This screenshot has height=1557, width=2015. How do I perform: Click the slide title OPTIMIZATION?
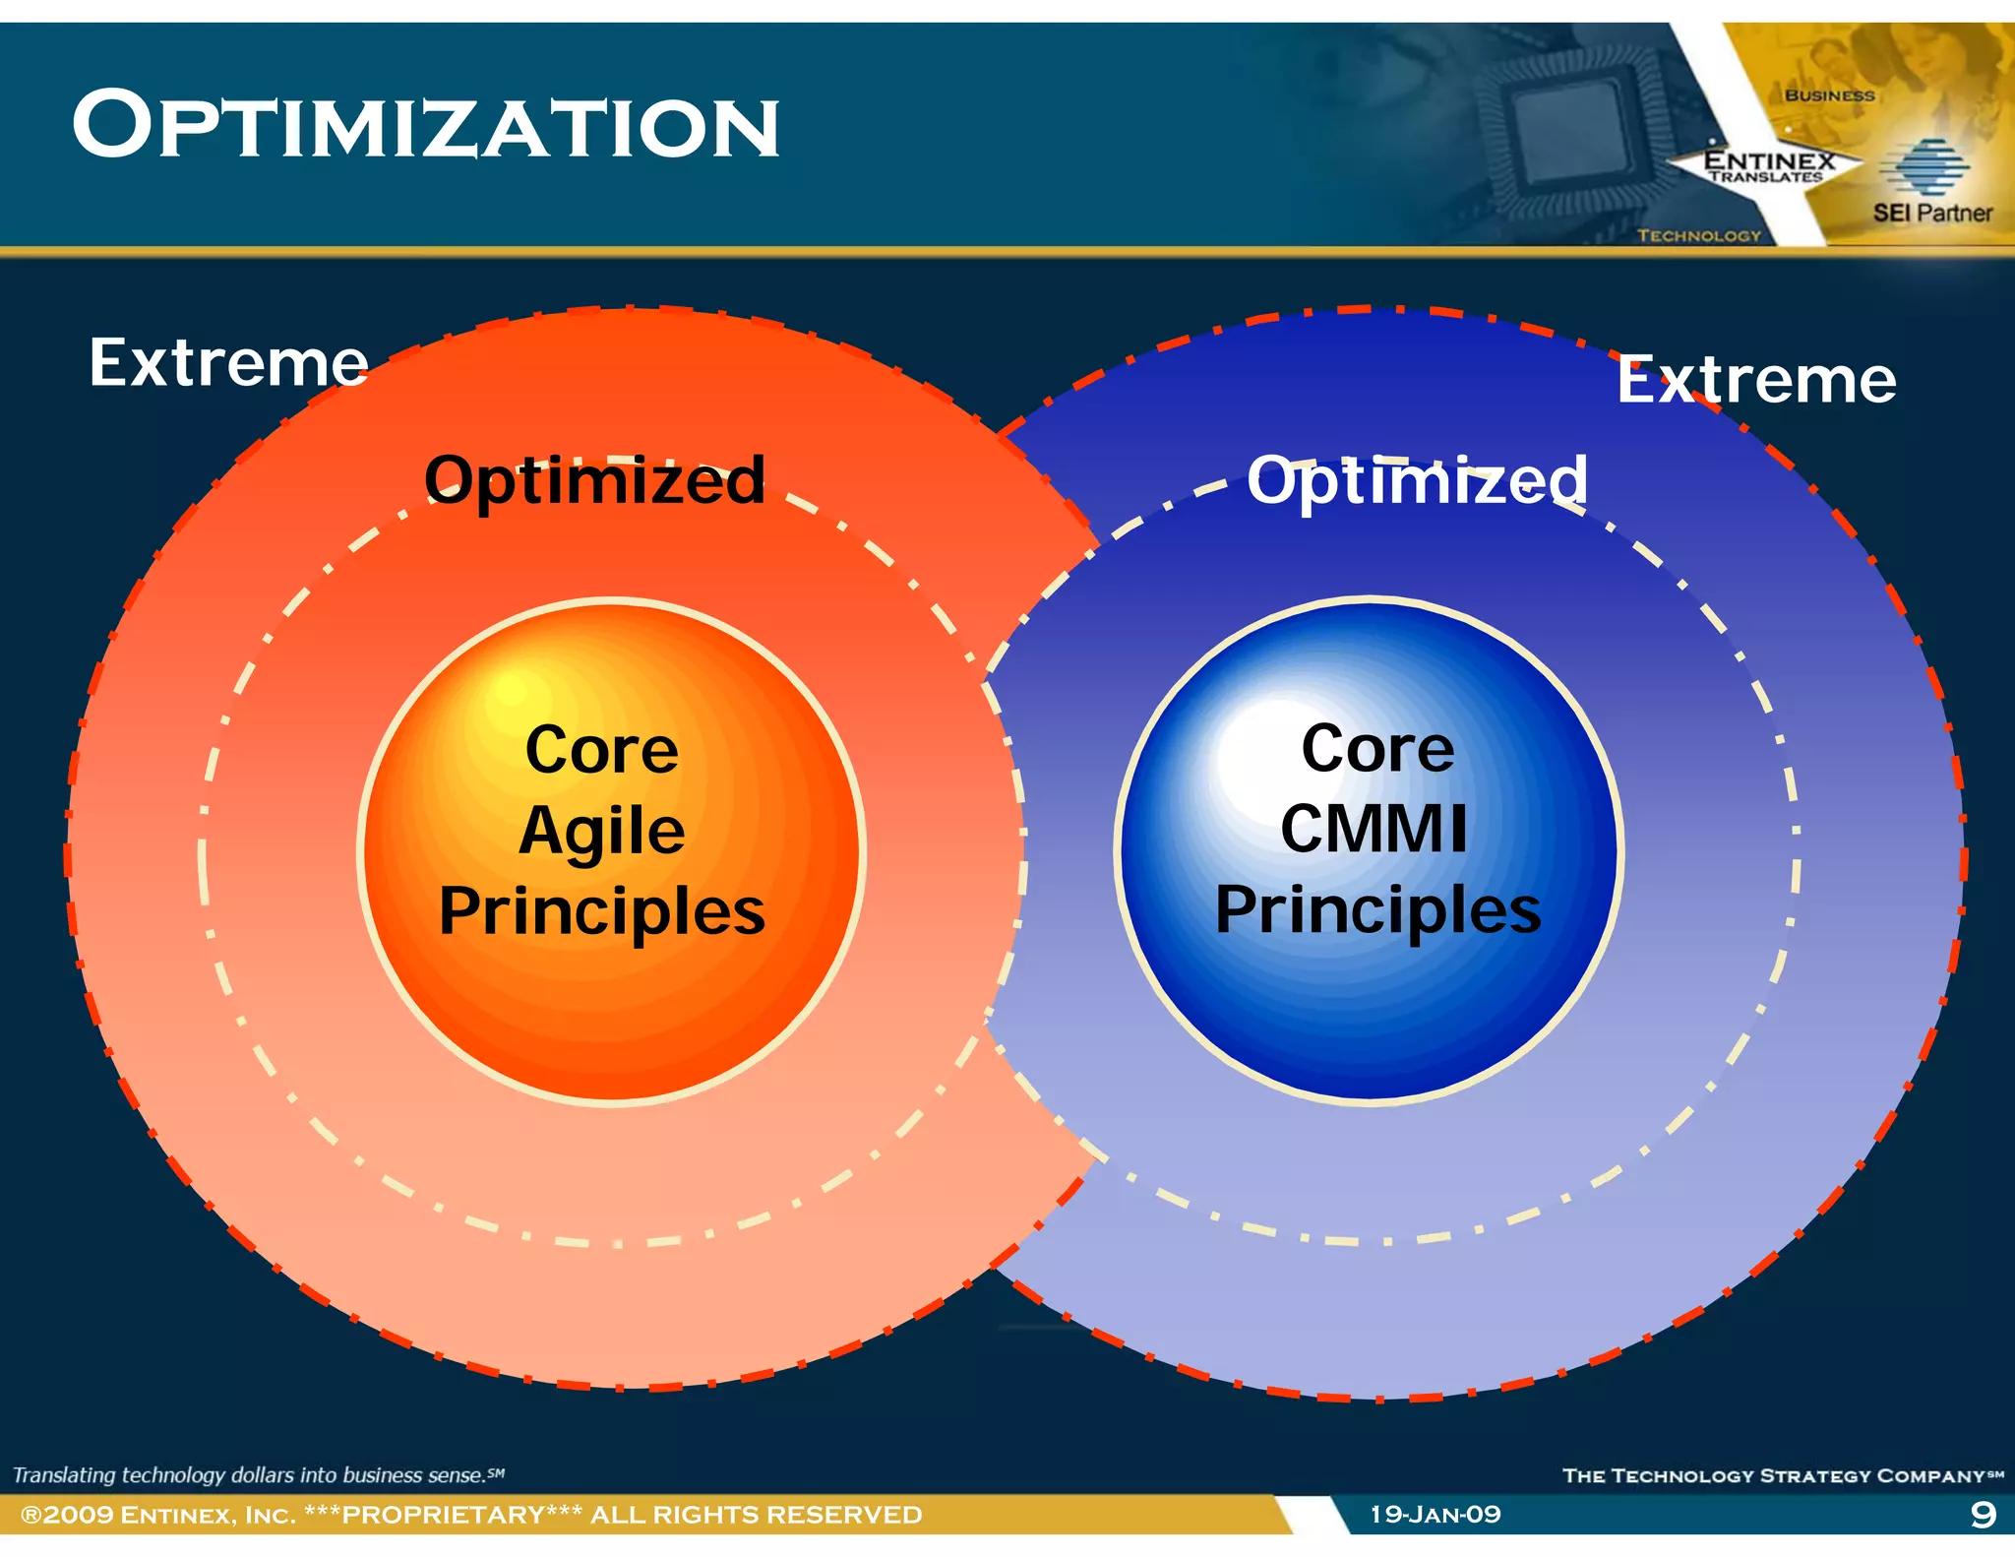(425, 126)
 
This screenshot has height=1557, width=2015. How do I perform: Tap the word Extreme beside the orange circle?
(228, 363)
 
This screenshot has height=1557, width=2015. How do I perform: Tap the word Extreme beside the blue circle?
(1756, 380)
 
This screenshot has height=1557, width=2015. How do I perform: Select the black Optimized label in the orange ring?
(594, 480)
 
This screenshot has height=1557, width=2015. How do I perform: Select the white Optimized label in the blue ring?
(1417, 480)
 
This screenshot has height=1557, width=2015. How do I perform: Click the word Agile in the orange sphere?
(601, 832)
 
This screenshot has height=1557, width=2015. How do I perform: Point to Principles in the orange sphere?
(601, 911)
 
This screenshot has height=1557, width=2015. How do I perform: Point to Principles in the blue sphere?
(1377, 910)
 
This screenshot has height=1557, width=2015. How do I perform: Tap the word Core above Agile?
(601, 751)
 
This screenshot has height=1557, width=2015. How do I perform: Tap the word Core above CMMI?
(1377, 750)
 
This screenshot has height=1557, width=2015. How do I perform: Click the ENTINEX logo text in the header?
(1769, 160)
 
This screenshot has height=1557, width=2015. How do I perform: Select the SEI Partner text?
(1931, 213)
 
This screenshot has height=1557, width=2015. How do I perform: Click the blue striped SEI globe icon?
(1924, 167)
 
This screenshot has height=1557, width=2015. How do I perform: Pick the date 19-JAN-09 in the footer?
(1435, 1514)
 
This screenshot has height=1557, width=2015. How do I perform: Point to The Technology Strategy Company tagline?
(1781, 1475)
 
